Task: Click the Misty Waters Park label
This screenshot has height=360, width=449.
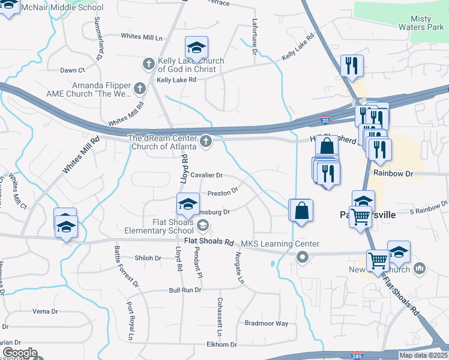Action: [x=421, y=23]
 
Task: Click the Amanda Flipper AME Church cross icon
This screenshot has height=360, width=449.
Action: [x=139, y=89]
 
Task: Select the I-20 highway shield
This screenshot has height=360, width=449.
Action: [x=325, y=121]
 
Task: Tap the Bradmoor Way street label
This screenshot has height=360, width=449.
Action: [x=267, y=323]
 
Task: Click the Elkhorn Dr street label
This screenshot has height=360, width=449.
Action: [x=221, y=344]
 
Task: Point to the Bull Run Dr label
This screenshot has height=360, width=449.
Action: [x=184, y=290]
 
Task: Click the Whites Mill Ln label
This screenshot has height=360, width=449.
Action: [x=142, y=37]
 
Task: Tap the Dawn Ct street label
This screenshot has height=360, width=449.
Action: [x=72, y=70]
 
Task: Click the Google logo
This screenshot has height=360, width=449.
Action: [x=19, y=353]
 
